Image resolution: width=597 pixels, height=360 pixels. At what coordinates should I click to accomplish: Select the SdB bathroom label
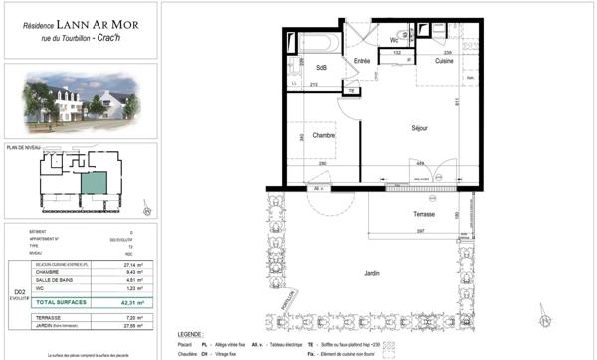(x=322, y=67)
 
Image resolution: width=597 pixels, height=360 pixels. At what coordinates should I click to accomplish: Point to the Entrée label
(x=364, y=62)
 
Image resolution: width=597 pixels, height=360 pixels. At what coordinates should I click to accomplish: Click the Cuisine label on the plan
(x=444, y=62)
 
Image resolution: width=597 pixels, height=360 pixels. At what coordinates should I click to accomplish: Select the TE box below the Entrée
(x=351, y=90)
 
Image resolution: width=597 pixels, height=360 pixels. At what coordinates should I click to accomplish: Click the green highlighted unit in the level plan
(x=93, y=182)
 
